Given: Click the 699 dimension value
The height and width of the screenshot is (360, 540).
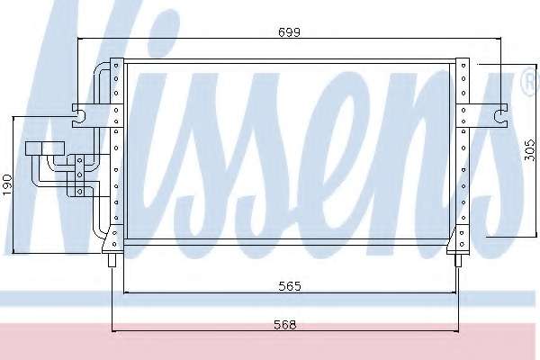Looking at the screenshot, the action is pyautogui.click(x=289, y=32).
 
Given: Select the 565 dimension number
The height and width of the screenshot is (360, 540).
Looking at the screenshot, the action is pyautogui.click(x=290, y=286).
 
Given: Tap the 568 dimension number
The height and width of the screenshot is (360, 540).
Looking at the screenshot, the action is pyautogui.click(x=284, y=325).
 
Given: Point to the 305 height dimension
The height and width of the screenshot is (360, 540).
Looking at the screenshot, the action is pyautogui.click(x=530, y=150).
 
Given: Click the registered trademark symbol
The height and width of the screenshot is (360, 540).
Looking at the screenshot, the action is pyautogui.click(x=531, y=82).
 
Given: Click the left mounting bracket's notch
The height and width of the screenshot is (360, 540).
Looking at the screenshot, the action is pyautogui.click(x=79, y=115).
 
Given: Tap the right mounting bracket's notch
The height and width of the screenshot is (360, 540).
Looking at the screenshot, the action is pyautogui.click(x=499, y=116).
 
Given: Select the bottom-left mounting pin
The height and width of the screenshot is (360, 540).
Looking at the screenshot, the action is pyautogui.click(x=112, y=260).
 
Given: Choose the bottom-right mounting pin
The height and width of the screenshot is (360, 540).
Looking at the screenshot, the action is pyautogui.click(x=458, y=260).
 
